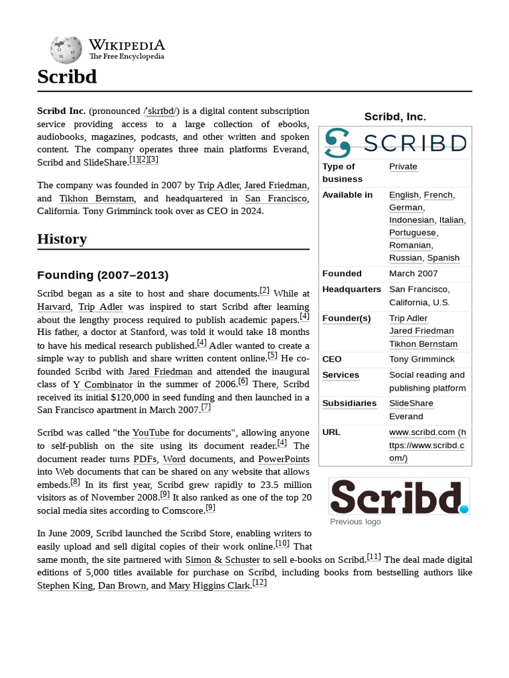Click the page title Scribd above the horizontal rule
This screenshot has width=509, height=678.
tap(67, 77)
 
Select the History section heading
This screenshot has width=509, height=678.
tap(62, 239)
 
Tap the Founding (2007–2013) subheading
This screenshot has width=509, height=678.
tap(103, 275)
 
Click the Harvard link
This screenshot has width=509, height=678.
tap(54, 307)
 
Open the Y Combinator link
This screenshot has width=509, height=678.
tap(103, 385)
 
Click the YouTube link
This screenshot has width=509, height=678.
tap(150, 433)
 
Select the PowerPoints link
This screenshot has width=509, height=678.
tap(284, 459)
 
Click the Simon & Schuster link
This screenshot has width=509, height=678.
tap(222, 559)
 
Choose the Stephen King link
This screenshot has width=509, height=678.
tap(66, 585)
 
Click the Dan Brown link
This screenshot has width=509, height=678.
tap(122, 585)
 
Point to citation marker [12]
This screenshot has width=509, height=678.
tap(260, 583)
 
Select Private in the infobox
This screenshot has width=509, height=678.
tap(403, 167)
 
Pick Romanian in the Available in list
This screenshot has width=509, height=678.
tap(410, 245)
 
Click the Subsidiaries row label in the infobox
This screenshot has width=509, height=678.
tap(349, 403)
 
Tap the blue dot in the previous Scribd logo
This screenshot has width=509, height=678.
tap(464, 509)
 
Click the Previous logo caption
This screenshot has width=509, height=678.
tap(355, 522)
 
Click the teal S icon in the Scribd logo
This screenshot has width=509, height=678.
tap(338, 142)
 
